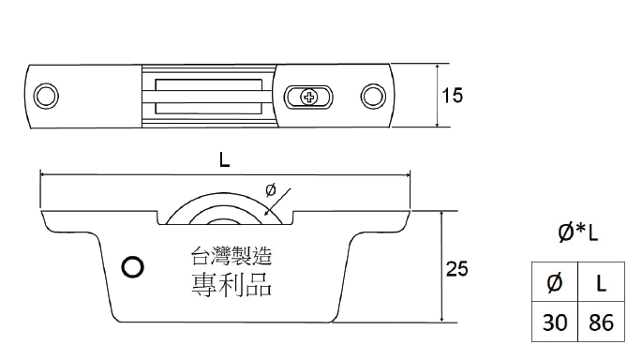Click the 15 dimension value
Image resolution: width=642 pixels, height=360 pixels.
point(453,96)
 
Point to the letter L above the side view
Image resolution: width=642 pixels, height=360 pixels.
point(224,159)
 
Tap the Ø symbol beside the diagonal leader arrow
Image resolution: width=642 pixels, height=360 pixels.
point(271,189)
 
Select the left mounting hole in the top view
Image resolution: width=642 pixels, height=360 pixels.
point(44,95)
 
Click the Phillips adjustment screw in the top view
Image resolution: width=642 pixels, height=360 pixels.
point(309,96)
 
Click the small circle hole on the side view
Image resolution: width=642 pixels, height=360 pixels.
point(134,267)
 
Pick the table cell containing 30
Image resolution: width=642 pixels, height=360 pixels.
point(555,323)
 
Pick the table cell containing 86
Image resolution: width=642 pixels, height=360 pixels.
point(598,323)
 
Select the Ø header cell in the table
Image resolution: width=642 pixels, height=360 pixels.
point(555,281)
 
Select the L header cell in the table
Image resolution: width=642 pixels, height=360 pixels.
point(598,281)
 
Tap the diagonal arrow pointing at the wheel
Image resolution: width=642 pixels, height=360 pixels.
point(282,202)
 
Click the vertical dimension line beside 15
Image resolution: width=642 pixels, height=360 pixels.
point(436,96)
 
